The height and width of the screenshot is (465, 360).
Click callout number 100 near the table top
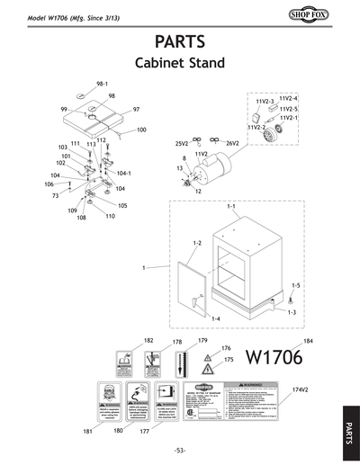click(x=141, y=130)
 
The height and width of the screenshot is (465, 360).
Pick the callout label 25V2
click(x=181, y=143)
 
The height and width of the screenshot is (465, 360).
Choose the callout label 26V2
click(x=231, y=143)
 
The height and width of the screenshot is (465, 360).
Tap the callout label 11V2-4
click(x=289, y=97)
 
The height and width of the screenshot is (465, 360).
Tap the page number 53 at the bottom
click(x=180, y=450)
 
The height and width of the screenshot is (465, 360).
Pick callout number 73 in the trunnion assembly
click(x=56, y=194)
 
